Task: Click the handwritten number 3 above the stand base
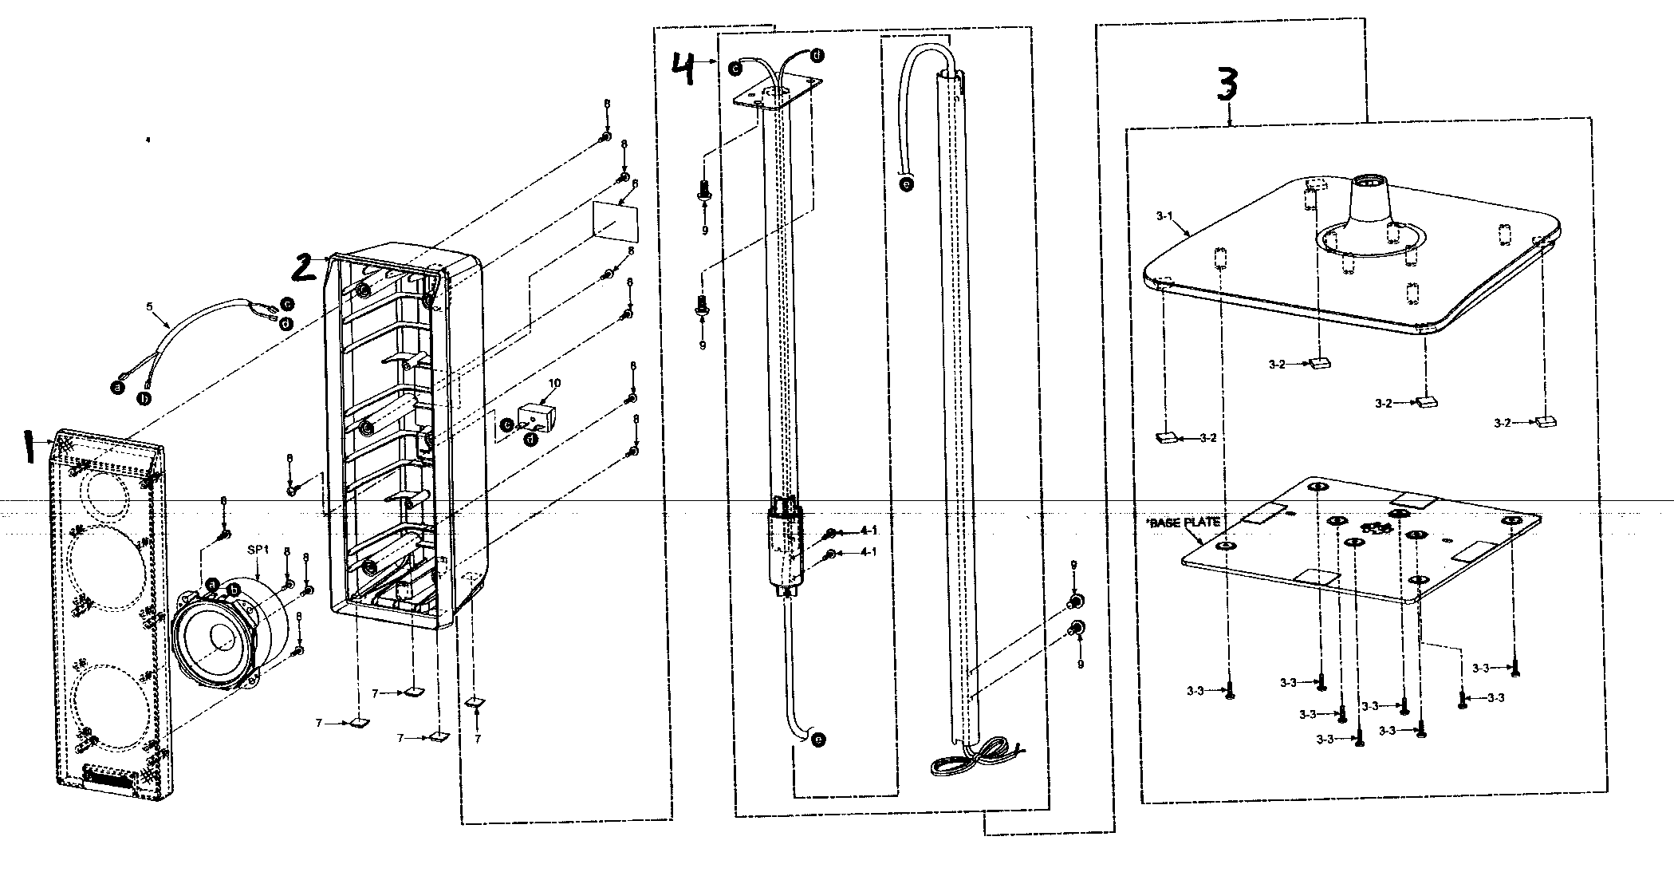pyautogui.click(x=1227, y=85)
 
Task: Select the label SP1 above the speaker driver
pyautogui.click(x=258, y=551)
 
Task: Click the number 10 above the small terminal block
pyautogui.click(x=554, y=384)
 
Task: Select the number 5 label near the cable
pyautogui.click(x=148, y=305)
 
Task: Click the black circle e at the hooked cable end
pyautogui.click(x=905, y=183)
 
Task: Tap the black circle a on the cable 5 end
pyautogui.click(x=118, y=387)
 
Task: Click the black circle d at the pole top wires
pyautogui.click(x=817, y=55)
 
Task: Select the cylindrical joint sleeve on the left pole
pyautogui.click(x=786, y=548)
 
